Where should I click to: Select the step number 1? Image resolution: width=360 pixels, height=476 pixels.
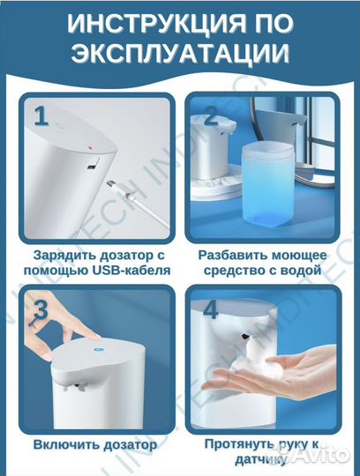pyautogui.click(x=40, y=116)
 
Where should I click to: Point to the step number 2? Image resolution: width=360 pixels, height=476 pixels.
pyautogui.click(x=212, y=115)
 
